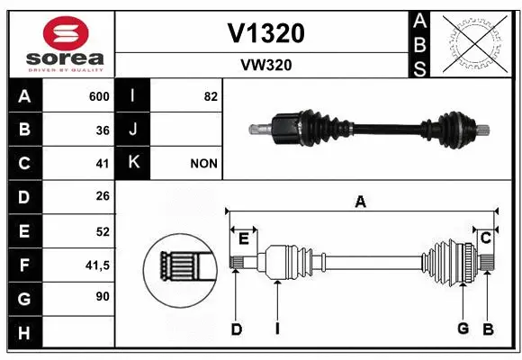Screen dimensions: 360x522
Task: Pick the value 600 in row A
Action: [x=99, y=96]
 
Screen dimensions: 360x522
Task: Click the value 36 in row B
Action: [x=103, y=130]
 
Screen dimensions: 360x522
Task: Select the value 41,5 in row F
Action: [x=97, y=265]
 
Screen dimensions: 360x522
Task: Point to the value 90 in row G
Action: [x=103, y=296]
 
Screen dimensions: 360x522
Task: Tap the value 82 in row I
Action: [x=211, y=96]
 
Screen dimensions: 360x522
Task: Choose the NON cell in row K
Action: [x=203, y=164]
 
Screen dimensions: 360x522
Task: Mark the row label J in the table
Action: [x=133, y=130]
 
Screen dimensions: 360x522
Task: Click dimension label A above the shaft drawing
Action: [x=360, y=202]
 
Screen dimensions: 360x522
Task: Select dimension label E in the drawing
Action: [x=243, y=238]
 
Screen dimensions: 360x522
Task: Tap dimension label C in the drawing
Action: [x=485, y=238]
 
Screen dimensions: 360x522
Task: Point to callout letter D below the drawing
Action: [x=236, y=329]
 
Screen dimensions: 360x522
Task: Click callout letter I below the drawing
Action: [x=277, y=329]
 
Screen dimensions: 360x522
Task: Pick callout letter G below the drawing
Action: [x=463, y=329]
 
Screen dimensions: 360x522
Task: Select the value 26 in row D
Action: [x=103, y=197]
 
